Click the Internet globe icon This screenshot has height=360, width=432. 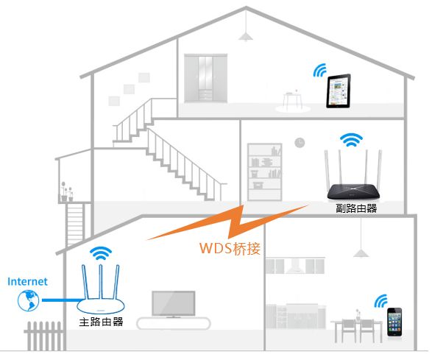pyautogui.click(x=29, y=300)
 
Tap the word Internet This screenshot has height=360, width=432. pyautogui.click(x=27, y=281)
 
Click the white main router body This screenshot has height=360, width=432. pyautogui.click(x=101, y=306)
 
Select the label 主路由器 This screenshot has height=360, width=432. pyautogui.click(x=101, y=322)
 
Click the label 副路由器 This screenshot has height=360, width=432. pyautogui.click(x=356, y=208)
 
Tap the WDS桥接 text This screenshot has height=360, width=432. pyautogui.click(x=230, y=248)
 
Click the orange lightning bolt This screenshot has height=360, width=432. pyautogui.click(x=227, y=222)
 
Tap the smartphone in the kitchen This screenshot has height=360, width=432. pyautogui.click(x=394, y=322)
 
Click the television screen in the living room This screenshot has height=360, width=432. pyautogui.click(x=174, y=303)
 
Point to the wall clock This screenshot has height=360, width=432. pyautogui.click(x=300, y=143)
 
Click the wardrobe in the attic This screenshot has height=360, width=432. pyautogui.click(x=206, y=78)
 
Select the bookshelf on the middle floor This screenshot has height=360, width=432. pyautogui.click(x=264, y=172)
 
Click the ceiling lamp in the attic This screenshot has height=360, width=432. pyautogui.click(x=246, y=37)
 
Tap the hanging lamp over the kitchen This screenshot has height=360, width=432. pyautogui.click(x=361, y=253)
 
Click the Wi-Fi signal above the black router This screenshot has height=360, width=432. pyautogui.click(x=351, y=140)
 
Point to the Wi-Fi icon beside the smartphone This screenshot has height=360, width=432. pyautogui.click(x=381, y=301)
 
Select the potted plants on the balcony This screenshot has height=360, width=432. pyautogui.click(x=67, y=191)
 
